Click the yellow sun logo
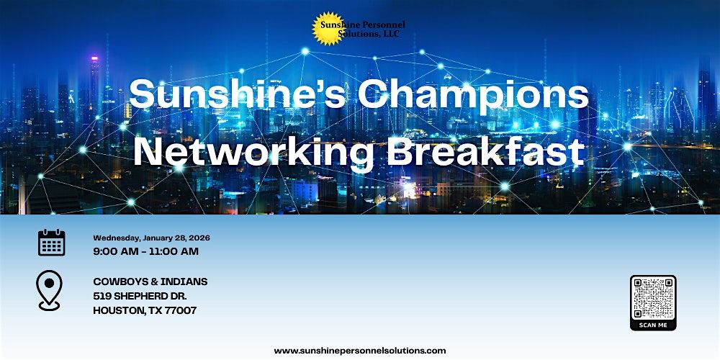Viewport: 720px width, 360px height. [328, 29]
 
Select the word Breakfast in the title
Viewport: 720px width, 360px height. [486, 152]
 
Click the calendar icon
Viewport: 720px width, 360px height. [51, 243]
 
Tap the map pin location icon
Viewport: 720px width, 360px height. [49, 290]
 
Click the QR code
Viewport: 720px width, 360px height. [653, 298]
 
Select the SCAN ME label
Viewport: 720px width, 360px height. [653, 325]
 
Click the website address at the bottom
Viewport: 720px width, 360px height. [360, 351]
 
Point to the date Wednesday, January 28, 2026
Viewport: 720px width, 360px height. [151, 238]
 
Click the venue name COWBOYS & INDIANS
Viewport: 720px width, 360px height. [150, 282]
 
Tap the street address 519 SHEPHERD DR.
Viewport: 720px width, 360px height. [140, 296]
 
